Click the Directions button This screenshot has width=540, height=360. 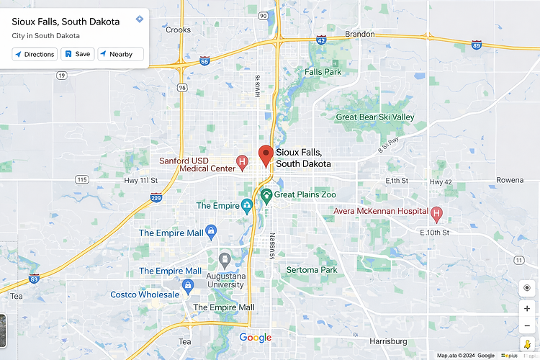tap(35, 54)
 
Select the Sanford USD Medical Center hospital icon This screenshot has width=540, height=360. tap(243, 161)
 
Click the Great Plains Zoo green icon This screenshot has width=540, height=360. tap(266, 194)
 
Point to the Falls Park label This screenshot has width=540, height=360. tap(323, 72)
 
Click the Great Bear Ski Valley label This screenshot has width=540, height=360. tap(375, 117)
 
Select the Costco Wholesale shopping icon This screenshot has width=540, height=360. tap(188, 287)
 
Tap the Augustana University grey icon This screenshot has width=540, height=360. tap(225, 258)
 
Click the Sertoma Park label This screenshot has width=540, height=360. tap(312, 270)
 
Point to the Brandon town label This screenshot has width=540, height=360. tap(360, 34)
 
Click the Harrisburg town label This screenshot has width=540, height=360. tap(388, 341)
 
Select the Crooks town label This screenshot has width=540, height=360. tap(179, 30)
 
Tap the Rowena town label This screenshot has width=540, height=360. tap(510, 180)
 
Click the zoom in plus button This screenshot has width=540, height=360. tap(527, 308)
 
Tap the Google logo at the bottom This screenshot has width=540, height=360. tap(256, 338)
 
